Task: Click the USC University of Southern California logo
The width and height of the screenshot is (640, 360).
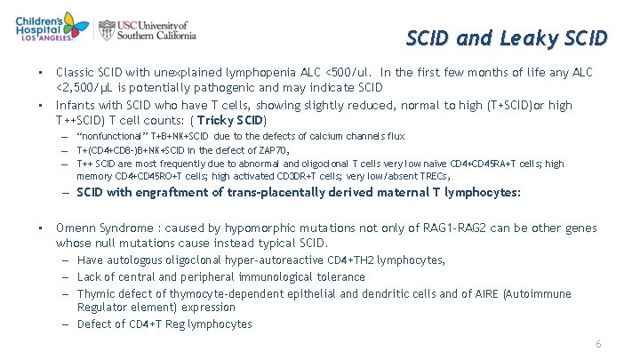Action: [x=148, y=30]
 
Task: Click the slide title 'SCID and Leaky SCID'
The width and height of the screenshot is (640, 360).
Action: [x=507, y=38]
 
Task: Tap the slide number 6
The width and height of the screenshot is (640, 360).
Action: [x=599, y=343]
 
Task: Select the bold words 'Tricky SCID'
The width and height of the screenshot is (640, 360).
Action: [x=231, y=120]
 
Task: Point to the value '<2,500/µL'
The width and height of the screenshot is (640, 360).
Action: [x=84, y=87]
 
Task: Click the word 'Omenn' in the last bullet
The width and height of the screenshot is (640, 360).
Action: [x=76, y=228]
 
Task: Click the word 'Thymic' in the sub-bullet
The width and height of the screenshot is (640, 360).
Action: [x=96, y=293]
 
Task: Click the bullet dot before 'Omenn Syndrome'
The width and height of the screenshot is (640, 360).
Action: [x=40, y=228]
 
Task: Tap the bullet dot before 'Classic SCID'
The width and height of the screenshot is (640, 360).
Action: [x=40, y=72]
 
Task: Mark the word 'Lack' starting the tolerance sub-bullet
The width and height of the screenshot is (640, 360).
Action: [x=91, y=276]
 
